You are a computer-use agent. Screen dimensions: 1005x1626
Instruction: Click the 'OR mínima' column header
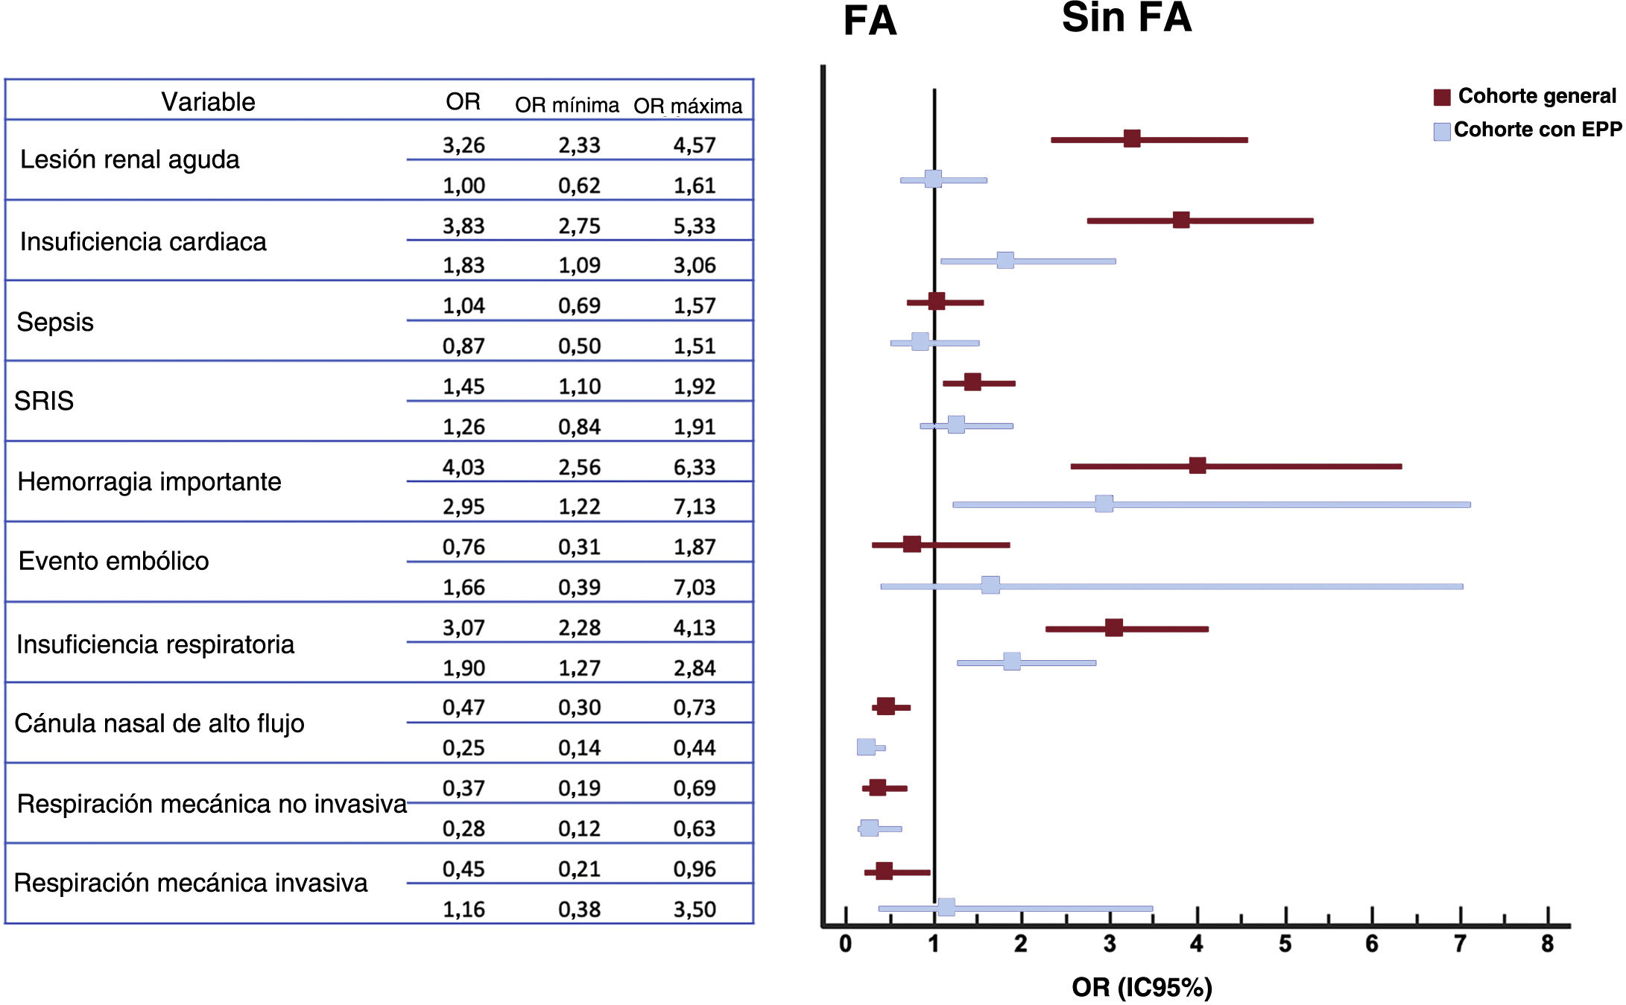tap(566, 105)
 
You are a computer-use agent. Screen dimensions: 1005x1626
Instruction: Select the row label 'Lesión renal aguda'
tap(130, 159)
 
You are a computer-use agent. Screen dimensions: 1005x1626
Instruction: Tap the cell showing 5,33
tap(694, 226)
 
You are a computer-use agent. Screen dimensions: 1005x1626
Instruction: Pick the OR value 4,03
tap(463, 467)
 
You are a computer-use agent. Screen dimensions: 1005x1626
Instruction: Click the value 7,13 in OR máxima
tap(694, 507)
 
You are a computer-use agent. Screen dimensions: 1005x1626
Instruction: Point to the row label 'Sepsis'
tap(55, 322)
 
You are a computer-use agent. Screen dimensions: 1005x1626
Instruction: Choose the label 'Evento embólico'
tap(113, 561)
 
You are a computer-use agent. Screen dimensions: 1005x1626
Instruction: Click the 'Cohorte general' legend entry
tap(1536, 96)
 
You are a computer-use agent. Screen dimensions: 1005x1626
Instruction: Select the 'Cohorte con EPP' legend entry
tap(1537, 130)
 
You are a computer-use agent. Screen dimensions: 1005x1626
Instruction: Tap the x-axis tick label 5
tap(1285, 945)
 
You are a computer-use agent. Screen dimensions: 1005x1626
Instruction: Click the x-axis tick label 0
tap(845, 945)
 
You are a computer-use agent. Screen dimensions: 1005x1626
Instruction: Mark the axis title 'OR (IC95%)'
tap(1142, 987)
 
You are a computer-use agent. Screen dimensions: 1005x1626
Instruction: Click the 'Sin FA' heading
tap(1126, 18)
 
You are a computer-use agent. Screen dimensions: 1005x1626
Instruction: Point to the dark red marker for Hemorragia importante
tap(1197, 466)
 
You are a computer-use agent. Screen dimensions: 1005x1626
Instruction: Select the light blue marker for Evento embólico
tap(990, 585)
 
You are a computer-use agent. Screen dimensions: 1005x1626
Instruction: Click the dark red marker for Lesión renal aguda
tap(1131, 139)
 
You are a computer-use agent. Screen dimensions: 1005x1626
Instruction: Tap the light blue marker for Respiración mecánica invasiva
tap(946, 907)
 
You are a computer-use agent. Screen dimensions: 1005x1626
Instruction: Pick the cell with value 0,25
tap(463, 748)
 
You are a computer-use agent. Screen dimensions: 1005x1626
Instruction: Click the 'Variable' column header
tap(208, 102)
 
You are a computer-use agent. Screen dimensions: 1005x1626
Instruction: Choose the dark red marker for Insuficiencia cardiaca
tap(1180, 220)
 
